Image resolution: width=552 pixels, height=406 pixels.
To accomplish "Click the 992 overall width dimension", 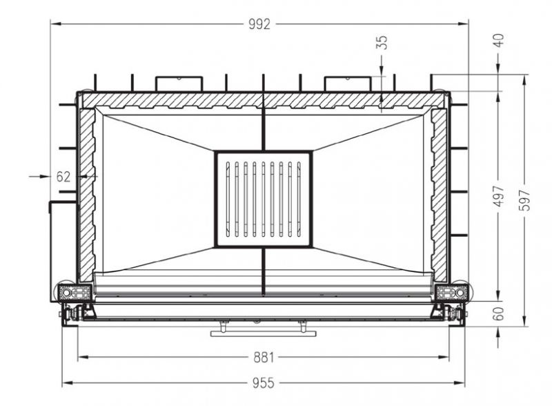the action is click(x=259, y=24).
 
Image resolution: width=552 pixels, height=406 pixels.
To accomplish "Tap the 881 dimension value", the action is click(x=264, y=358).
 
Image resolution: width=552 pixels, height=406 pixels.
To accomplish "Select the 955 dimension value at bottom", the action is click(x=263, y=383).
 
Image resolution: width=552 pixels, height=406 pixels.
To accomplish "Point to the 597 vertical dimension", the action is click(x=525, y=200).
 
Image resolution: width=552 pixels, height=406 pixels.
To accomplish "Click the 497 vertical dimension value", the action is click(x=499, y=196).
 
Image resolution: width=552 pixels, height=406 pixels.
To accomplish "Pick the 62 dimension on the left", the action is click(x=63, y=177).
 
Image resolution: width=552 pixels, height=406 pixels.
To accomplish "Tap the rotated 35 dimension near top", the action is click(x=382, y=42).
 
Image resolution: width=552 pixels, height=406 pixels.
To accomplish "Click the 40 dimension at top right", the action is click(x=499, y=40).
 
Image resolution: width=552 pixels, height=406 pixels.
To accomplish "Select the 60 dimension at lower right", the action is click(x=498, y=313).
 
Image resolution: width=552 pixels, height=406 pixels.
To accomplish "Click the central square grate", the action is click(x=264, y=199).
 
